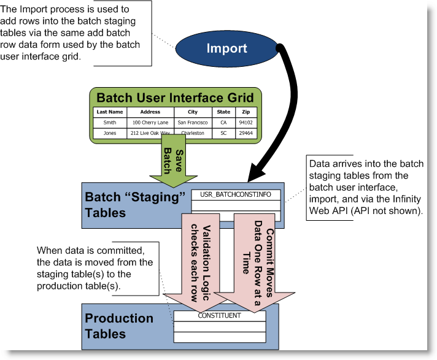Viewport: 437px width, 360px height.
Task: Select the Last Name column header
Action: click(x=110, y=112)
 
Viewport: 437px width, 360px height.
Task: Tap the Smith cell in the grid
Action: click(x=110, y=123)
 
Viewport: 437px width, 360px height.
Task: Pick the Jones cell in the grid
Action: click(x=110, y=133)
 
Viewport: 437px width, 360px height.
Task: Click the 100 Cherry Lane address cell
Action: click(x=150, y=123)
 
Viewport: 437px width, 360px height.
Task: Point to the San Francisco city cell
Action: click(x=193, y=123)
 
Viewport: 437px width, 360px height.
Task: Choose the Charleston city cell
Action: click(x=193, y=133)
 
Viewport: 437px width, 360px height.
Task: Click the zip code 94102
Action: click(x=245, y=123)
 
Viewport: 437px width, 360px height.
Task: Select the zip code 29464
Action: click(x=245, y=133)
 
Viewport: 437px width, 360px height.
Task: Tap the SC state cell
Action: click(x=223, y=133)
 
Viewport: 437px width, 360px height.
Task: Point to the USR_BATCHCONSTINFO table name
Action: click(x=235, y=194)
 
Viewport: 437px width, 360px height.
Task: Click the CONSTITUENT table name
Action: click(x=219, y=315)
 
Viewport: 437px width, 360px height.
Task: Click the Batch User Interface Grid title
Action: click(x=176, y=98)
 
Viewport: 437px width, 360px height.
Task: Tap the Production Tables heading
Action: click(x=119, y=326)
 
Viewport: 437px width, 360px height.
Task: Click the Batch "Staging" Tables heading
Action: click(x=130, y=205)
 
